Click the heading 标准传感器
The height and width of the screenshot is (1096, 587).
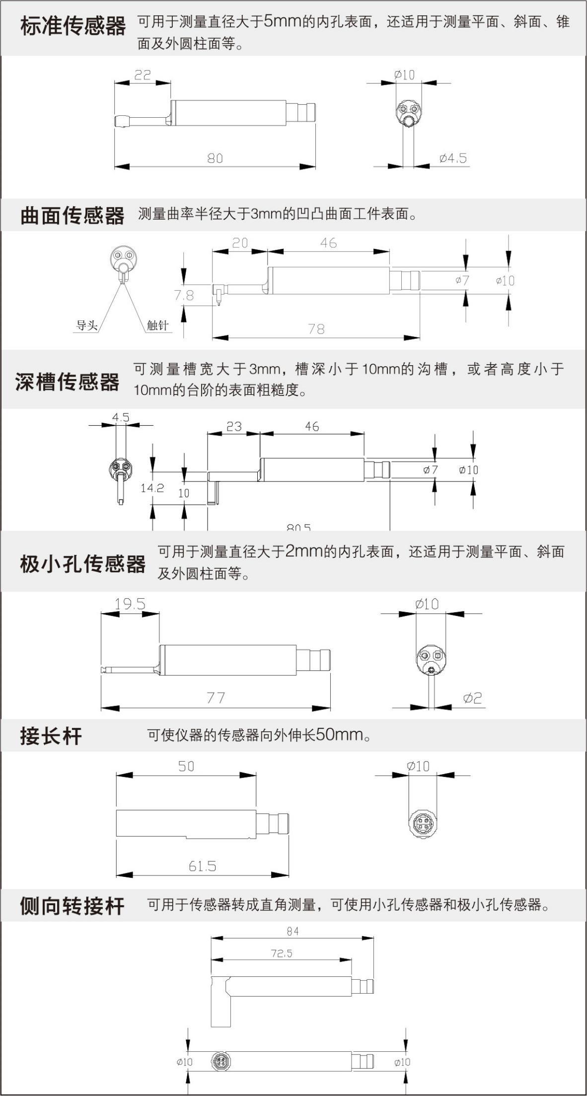click(x=73, y=26)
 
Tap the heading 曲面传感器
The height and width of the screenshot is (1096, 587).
click(x=73, y=216)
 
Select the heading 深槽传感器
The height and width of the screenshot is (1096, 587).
click(x=67, y=382)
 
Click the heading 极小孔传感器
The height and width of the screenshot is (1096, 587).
click(x=82, y=564)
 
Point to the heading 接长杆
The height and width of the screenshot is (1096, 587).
click(x=51, y=736)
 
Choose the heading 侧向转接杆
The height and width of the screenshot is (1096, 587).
click(x=72, y=906)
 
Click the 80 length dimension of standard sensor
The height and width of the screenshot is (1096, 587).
click(x=215, y=158)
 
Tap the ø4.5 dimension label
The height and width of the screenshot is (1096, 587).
click(x=453, y=158)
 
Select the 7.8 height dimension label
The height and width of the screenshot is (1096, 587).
click(x=184, y=295)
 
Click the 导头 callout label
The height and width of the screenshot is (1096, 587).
click(x=87, y=325)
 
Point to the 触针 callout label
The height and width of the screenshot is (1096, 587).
click(x=158, y=325)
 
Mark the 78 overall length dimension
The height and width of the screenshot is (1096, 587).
click(x=316, y=329)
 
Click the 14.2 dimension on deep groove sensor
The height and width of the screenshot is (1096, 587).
click(x=152, y=488)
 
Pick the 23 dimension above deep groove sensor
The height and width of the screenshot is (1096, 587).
click(x=234, y=426)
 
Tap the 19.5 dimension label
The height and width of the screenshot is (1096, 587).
click(x=130, y=604)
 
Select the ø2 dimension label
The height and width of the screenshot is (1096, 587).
click(x=472, y=698)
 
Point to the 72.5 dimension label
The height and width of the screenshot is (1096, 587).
click(x=282, y=953)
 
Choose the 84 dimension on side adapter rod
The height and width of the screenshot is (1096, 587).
click(x=293, y=932)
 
